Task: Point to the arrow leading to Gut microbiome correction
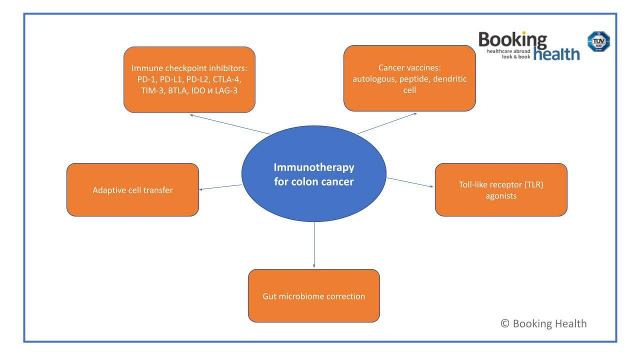click(x=314, y=244)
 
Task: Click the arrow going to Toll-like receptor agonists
click(x=410, y=182)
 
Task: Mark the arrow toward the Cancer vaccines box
click(x=387, y=123)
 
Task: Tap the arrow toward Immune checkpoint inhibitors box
click(x=230, y=124)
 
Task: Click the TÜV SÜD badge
click(x=598, y=42)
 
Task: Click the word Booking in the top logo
click(x=512, y=40)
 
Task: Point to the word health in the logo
click(x=556, y=54)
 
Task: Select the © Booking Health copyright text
click(x=543, y=323)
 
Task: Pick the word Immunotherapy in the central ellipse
click(x=314, y=167)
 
